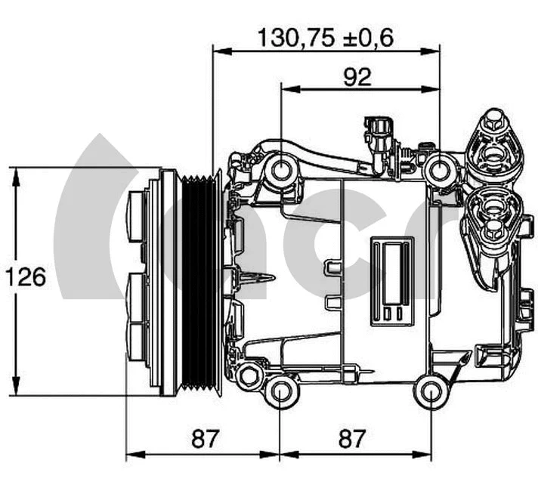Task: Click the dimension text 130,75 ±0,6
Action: coord(326,37)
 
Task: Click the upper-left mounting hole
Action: coord(281,169)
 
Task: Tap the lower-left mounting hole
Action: coord(281,391)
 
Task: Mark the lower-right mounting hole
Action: coord(431,391)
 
